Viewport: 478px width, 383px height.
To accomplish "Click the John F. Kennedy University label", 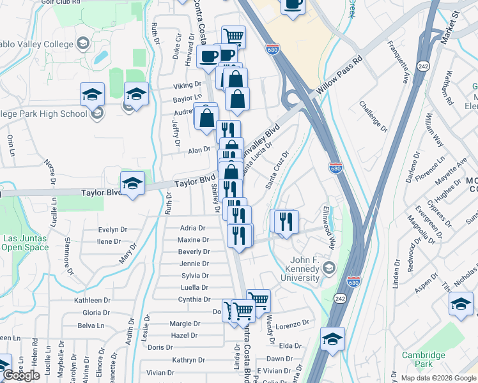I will [300, 269].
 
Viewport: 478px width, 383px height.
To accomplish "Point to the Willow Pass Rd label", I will [340, 78].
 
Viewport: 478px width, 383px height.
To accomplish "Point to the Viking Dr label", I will [187, 86].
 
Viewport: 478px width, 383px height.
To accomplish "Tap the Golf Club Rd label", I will [63, 2].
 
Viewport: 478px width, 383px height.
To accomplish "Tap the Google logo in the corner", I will [21, 376].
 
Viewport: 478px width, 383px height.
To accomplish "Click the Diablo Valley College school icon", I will [82, 43].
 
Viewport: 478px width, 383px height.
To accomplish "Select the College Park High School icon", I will [96, 114].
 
